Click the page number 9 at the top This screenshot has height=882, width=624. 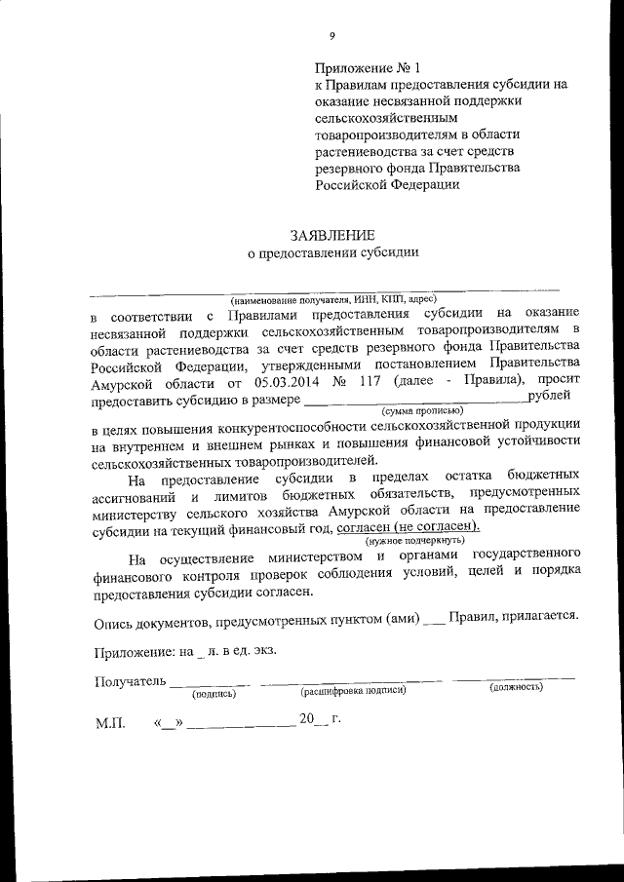(x=331, y=36)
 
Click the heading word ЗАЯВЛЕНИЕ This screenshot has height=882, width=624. (x=331, y=234)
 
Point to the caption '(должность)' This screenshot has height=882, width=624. (x=515, y=688)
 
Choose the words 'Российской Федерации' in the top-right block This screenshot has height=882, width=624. (x=387, y=185)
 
